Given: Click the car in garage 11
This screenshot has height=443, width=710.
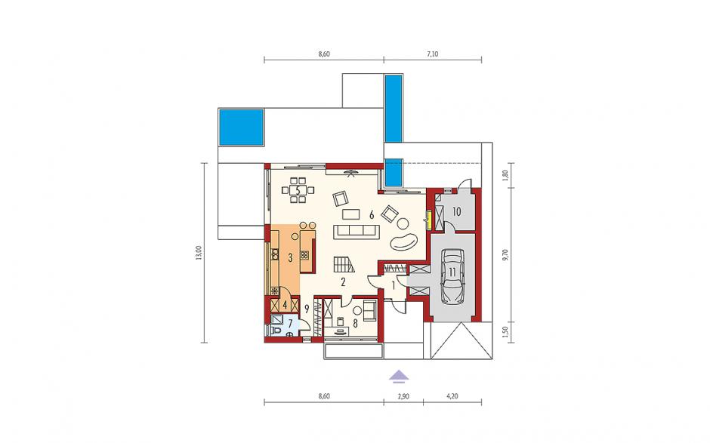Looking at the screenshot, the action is coord(452,275).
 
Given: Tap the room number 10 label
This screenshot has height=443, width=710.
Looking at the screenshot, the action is coord(456,211).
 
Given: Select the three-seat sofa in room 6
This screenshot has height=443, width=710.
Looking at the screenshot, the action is coord(356,231).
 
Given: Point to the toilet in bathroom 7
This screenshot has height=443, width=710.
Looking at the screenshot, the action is coord(275,331).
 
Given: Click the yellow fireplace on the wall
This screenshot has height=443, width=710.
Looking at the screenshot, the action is coord(428,219).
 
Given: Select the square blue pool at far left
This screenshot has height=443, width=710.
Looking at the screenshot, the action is coord(242,128).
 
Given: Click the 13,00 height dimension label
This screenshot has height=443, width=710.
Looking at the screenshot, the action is coord(199,253).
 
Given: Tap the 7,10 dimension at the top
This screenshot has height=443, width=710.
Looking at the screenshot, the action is coord(432,54).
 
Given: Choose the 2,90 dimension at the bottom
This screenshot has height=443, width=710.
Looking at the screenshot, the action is coord(403,396).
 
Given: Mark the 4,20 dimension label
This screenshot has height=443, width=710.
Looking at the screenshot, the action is coord(452,396).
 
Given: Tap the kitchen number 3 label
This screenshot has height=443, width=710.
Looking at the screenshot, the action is coord(290,257).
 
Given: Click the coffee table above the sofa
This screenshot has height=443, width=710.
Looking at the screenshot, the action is coord(351,214).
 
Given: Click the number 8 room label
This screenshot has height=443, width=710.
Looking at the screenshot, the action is coord(355,323).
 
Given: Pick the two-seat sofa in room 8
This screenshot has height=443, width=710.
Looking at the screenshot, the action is coord(370,310).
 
